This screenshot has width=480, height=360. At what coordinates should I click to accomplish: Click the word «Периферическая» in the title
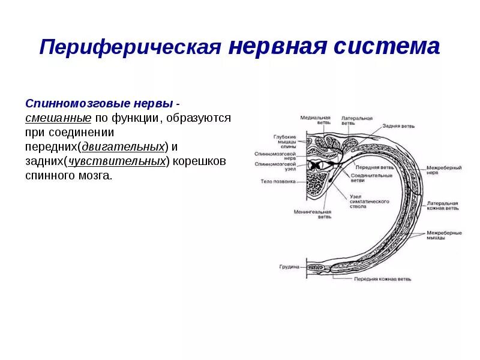(130, 48)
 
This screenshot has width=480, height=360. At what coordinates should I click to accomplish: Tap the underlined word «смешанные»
(58, 118)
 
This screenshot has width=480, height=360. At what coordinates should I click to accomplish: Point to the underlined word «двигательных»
(123, 146)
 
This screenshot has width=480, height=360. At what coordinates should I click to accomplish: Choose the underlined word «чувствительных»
(117, 161)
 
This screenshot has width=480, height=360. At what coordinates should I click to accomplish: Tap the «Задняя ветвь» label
(400, 127)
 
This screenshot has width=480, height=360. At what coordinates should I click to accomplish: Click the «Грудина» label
(289, 266)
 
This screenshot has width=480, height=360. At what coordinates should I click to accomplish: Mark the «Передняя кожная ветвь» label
(382, 279)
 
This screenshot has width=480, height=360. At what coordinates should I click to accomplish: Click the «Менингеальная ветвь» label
(312, 214)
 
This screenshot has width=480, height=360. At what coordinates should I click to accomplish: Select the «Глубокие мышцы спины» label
(285, 142)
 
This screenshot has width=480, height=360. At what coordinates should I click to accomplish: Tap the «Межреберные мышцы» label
(443, 235)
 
